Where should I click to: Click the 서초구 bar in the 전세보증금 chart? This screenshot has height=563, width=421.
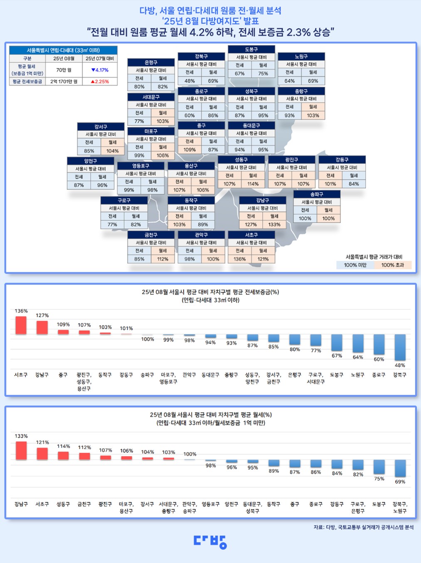[21, 325]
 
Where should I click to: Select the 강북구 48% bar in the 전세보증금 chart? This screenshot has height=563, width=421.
[400, 347]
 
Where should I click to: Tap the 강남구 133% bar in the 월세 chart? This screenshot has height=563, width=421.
[21, 451]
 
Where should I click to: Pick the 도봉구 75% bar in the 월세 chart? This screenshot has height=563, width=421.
[379, 467]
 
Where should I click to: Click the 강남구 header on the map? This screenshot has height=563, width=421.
[262, 200]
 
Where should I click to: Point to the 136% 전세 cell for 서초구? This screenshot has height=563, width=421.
[239, 259]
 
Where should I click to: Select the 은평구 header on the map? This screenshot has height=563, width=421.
[151, 62]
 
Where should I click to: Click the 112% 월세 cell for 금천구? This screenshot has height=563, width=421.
[162, 259]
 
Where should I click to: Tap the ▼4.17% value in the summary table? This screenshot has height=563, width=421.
[100, 70]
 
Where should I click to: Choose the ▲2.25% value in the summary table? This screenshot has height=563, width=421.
[100, 81]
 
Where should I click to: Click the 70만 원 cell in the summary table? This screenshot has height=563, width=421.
[64, 70]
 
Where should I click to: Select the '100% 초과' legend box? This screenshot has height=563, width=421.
[392, 265]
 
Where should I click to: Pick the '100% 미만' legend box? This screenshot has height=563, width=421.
[355, 265]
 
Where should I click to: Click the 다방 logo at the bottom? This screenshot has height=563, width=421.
[210, 541]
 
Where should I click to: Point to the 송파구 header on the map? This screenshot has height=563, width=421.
[317, 194]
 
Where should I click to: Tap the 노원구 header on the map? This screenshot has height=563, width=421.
[301, 56]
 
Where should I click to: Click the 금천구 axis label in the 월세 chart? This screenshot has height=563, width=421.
[84, 504]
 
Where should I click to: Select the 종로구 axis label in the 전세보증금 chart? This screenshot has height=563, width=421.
[379, 375]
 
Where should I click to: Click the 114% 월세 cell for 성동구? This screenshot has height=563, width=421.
[253, 184]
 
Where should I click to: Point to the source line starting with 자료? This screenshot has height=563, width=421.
[363, 527]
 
